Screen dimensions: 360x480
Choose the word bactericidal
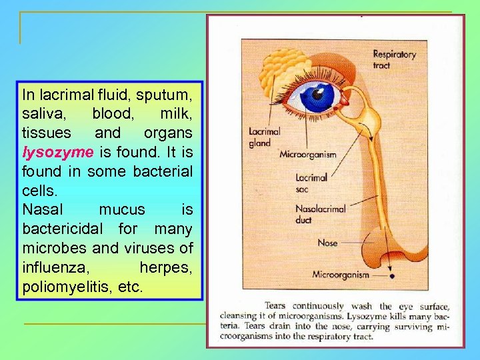63,229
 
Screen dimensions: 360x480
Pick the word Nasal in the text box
42,210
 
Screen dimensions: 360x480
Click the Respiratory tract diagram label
394,59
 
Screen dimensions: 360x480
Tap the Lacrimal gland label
260,137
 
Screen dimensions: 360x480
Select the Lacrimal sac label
311,183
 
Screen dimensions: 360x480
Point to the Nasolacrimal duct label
320,213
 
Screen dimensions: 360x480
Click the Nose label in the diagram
327,243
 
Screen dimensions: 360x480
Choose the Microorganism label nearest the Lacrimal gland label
307,155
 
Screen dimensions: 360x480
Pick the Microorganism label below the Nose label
341,275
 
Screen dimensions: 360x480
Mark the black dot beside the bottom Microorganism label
393,275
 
